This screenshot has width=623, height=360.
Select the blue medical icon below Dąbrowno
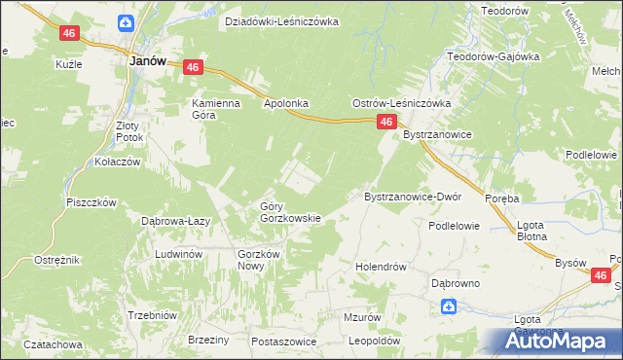tap(448, 307)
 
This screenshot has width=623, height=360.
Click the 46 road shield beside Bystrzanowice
tap(386, 122)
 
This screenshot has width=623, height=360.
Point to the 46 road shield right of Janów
tap(192, 67)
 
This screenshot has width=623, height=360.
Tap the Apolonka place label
tap(285, 101)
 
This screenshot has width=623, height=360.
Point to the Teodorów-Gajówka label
tap(493, 56)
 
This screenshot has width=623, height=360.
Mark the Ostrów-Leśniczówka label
tap(400, 103)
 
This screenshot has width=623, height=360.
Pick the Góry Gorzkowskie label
tap(289, 212)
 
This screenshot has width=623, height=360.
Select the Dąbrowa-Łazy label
tap(177, 222)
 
